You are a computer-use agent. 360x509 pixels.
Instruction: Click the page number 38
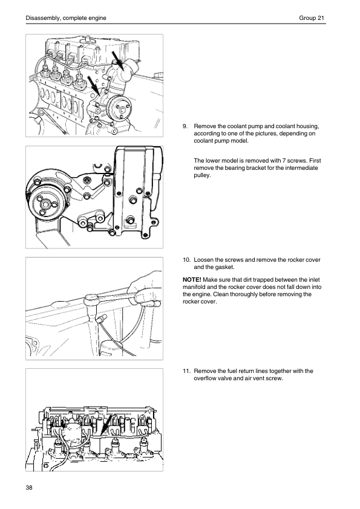coord(29,487)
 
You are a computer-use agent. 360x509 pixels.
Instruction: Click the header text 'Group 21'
coord(312,18)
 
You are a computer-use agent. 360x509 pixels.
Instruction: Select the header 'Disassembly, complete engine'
coord(66,18)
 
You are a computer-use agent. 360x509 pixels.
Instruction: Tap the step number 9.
coord(185,126)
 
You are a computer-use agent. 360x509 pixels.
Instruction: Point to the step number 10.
coord(186,260)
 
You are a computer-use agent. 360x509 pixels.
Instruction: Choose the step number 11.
coord(186,371)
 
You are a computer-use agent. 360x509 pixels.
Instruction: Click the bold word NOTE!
coord(192,279)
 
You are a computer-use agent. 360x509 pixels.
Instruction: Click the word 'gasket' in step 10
coord(224,267)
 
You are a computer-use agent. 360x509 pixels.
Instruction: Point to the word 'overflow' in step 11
coord(205,378)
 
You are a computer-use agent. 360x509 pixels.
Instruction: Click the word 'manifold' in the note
coord(194,287)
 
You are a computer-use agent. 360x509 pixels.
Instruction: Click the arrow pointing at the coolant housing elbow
coord(117,60)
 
